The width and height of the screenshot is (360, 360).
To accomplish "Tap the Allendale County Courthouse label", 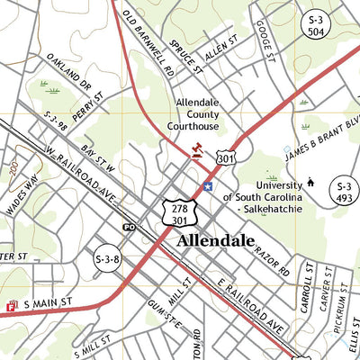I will click(x=203, y=114).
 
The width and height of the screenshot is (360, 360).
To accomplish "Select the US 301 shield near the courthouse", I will click(x=225, y=158).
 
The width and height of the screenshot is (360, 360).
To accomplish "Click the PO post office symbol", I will click(x=129, y=227).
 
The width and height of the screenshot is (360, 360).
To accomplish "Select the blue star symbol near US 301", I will click(x=208, y=186).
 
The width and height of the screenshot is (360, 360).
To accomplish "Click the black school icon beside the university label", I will click(x=310, y=183).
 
